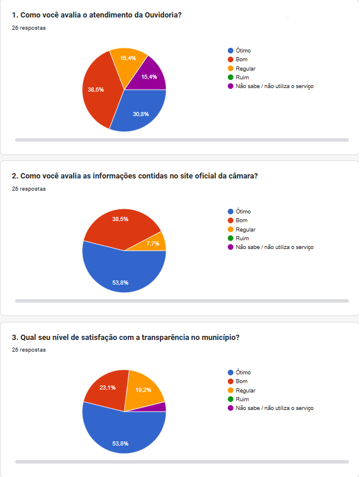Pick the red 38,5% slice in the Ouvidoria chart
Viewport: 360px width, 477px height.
tap(99, 90)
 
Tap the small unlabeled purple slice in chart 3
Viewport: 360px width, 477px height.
tap(162, 406)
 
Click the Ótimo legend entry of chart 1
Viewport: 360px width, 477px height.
tap(243, 51)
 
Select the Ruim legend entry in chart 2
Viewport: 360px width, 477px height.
tap(242, 239)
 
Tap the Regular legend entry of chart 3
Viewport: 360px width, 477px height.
tap(245, 390)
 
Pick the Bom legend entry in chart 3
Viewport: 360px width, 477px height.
tap(242, 381)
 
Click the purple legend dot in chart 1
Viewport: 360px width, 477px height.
tap(231, 86)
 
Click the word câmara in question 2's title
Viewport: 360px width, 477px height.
tap(245, 176)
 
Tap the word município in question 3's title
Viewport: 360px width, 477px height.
tap(219, 337)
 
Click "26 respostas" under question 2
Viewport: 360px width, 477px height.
tap(29, 189)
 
